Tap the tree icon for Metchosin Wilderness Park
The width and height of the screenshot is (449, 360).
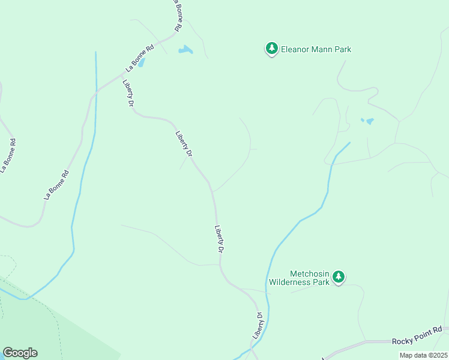339,277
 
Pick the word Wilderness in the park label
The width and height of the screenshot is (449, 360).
291,282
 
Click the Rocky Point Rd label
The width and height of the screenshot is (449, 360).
417,341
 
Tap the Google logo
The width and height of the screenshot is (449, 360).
20,353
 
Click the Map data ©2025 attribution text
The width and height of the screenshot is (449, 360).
423,355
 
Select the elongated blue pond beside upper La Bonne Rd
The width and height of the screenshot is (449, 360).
185,50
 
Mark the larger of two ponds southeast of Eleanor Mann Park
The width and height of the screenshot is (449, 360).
369,121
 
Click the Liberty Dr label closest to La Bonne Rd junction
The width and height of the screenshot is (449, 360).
128,93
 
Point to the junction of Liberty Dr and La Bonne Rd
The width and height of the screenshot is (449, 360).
120,77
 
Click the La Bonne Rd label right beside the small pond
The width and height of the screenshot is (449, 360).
139,59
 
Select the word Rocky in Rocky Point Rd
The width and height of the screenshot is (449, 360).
401,341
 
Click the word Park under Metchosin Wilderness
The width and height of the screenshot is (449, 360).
320,282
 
